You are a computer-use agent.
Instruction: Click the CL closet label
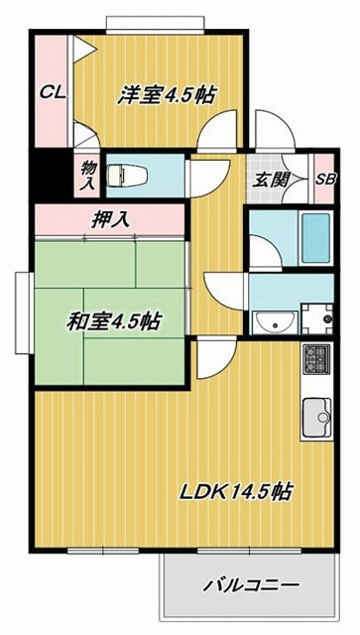(x=53, y=93)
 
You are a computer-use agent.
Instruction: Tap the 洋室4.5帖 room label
(x=166, y=95)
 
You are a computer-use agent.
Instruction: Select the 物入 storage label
(x=87, y=176)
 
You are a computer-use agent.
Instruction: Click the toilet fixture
(x=126, y=176)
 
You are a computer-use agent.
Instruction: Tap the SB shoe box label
(x=325, y=180)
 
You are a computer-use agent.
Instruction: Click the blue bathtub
(x=316, y=238)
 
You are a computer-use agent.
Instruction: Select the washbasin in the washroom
(x=275, y=321)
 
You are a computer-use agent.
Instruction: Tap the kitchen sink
(x=317, y=416)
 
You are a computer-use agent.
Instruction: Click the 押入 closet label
(x=110, y=219)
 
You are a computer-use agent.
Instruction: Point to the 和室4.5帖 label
(x=114, y=321)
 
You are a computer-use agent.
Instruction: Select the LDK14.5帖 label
(x=236, y=492)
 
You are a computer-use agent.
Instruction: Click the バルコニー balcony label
(x=252, y=585)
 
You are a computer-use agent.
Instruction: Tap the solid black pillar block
(x=51, y=175)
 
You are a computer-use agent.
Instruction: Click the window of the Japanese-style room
(x=24, y=313)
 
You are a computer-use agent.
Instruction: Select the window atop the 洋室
(x=155, y=23)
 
